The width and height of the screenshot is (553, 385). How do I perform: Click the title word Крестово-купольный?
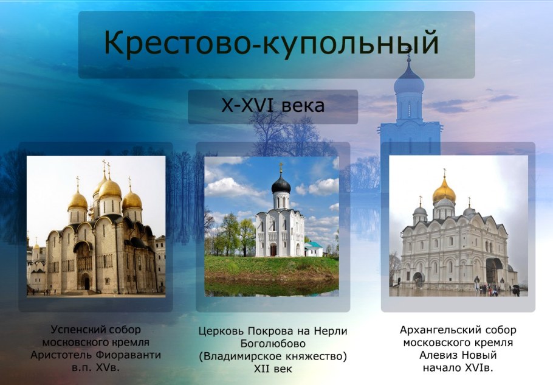coord(270,43)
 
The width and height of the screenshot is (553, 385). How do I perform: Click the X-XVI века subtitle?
coord(272,106)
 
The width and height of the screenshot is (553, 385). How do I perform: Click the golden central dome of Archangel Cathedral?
coord(444,192)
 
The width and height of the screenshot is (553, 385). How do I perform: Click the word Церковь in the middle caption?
coord(221,331)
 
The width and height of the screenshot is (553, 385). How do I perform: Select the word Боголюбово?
coord(272,344)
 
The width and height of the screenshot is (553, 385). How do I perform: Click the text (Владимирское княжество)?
coord(272,356)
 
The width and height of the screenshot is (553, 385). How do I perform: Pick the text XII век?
coord(272,369)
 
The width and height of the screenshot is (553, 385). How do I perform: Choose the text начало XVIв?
coord(458,368)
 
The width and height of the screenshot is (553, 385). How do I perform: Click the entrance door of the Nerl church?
coord(273,249)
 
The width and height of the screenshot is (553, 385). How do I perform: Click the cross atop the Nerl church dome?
coord(281,167)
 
